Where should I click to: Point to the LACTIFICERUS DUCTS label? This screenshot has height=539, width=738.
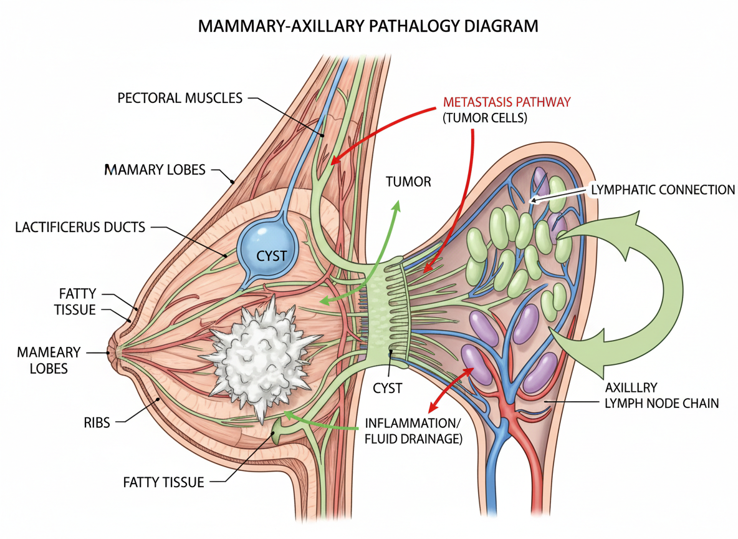pyautogui.click(x=80, y=228)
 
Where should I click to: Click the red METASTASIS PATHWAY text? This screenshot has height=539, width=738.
pyautogui.click(x=506, y=102)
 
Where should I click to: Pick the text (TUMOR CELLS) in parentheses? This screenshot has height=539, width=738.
pyautogui.click(x=485, y=117)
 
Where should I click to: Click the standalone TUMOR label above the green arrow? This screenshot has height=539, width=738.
pyautogui.click(x=408, y=182)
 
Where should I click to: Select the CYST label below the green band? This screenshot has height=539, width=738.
pyautogui.click(x=388, y=388)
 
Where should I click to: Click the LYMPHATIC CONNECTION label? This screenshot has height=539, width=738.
pyautogui.click(x=663, y=188)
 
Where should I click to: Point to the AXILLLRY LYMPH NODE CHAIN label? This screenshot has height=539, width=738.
pyautogui.click(x=661, y=396)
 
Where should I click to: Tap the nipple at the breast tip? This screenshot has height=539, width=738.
pyautogui.click(x=113, y=352)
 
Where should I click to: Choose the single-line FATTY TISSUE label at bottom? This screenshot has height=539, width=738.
pyautogui.click(x=163, y=482)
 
